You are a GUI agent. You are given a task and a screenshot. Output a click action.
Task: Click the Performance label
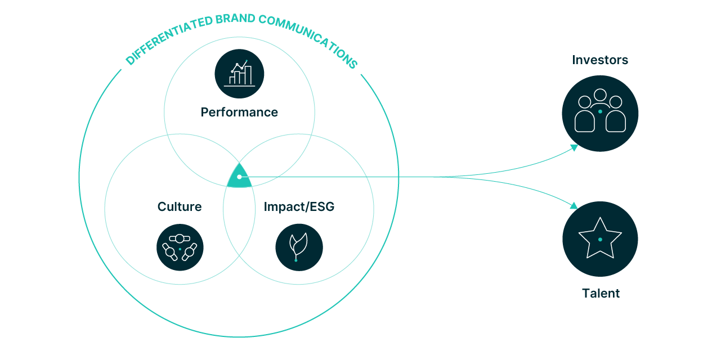point(239,112)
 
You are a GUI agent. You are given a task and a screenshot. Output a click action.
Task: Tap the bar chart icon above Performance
point(239,74)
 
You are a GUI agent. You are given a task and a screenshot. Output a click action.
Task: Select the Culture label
point(180,207)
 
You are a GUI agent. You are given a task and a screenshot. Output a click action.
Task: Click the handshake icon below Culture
point(180,247)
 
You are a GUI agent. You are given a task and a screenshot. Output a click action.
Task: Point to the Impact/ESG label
point(299,207)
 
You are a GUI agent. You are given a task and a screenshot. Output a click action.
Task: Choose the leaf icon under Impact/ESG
point(299,247)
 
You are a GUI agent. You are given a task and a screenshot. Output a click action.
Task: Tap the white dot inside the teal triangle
point(239,177)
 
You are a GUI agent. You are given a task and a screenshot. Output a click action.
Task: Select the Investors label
point(600,60)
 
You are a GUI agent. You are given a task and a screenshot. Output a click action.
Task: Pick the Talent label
point(601,293)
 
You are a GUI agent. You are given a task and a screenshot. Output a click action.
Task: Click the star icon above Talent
point(600,238)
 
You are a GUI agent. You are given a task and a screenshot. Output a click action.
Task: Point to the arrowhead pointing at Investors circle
point(574,147)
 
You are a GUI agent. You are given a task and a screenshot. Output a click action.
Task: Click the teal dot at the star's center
point(600,240)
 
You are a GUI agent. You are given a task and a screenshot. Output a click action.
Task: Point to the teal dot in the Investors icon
point(600,111)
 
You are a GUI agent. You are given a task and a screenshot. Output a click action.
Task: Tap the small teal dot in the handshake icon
point(180,249)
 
